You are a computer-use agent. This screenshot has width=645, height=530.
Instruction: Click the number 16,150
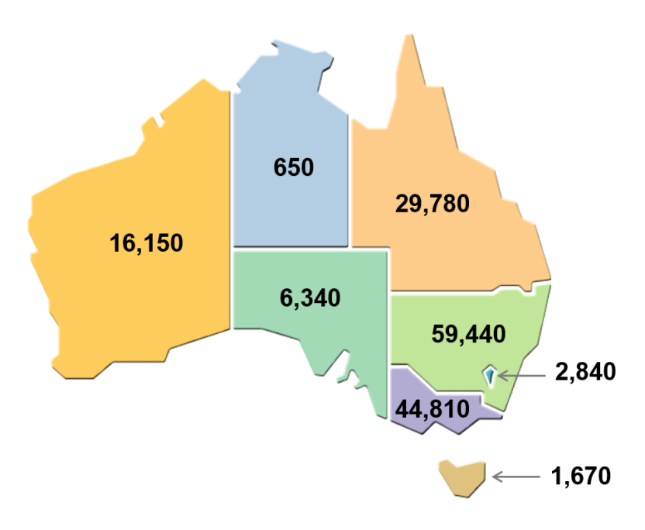pyautogui.click(x=147, y=243)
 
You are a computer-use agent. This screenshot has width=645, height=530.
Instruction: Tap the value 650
pyautogui.click(x=294, y=167)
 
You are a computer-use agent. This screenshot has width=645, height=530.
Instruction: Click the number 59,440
pyautogui.click(x=467, y=334)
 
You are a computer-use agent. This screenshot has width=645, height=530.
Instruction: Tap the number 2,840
pyautogui.click(x=585, y=372)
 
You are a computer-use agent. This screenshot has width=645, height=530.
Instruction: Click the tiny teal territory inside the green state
pyautogui.click(x=489, y=376)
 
